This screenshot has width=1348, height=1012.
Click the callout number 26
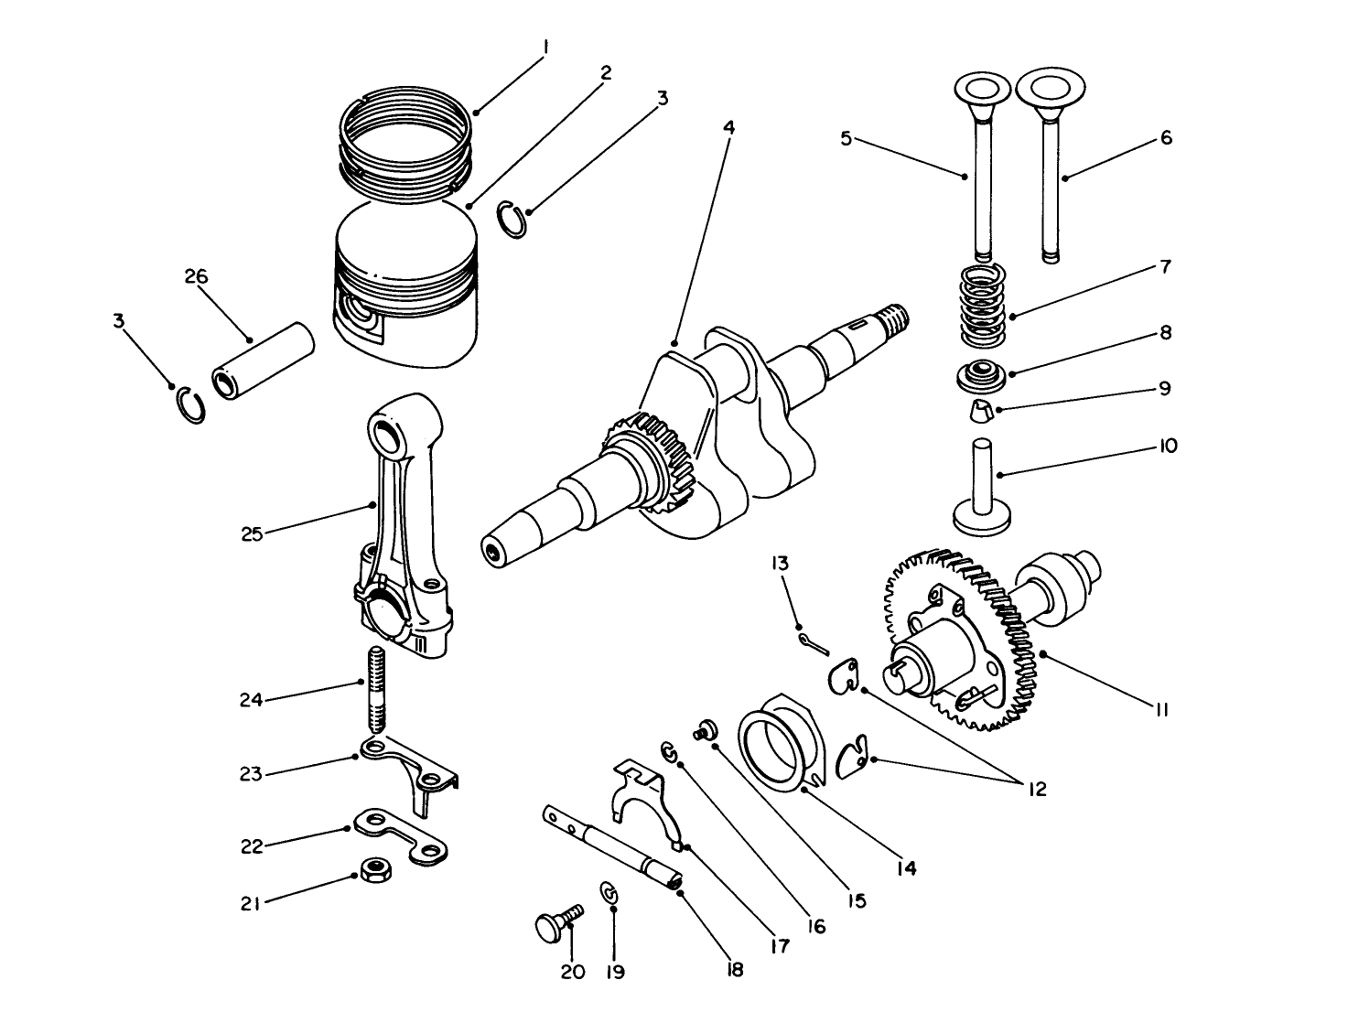(x=197, y=276)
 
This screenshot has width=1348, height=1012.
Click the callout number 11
(x=1160, y=709)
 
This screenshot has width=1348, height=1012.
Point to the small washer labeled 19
(x=609, y=892)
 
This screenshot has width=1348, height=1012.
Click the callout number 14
(x=905, y=867)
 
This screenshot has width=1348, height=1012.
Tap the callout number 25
(x=252, y=533)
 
